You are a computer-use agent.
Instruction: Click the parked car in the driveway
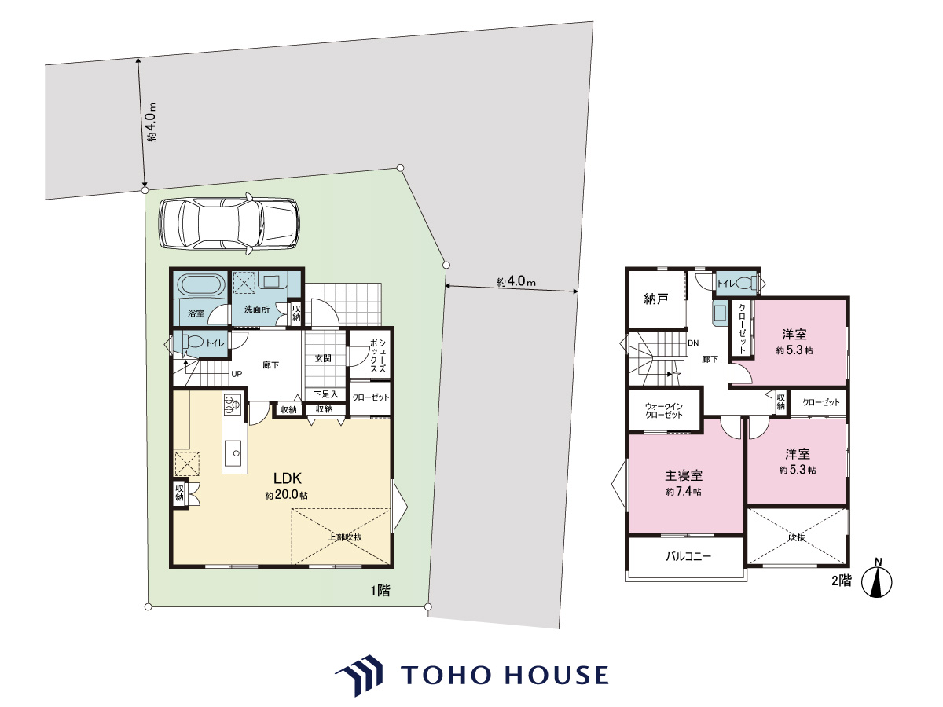point(229,223)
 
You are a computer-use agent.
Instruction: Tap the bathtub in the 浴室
point(201,284)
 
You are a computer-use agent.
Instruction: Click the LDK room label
point(288,478)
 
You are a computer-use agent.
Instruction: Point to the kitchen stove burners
point(232,404)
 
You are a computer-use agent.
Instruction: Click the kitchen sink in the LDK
point(234,452)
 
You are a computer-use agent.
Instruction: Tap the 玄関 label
point(323,358)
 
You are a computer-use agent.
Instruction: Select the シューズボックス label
point(378,356)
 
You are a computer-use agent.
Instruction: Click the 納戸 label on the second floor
point(655,299)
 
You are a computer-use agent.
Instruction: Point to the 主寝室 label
point(684,475)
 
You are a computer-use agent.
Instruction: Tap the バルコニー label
point(688,557)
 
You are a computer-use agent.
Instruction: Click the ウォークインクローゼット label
point(664,410)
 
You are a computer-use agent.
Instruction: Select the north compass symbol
point(876,580)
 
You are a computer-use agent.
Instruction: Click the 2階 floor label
point(841,581)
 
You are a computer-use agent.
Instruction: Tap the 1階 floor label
point(380,591)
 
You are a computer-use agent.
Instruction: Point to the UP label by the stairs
point(237,374)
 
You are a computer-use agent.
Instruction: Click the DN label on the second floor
point(693,343)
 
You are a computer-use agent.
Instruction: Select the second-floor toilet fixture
point(745,284)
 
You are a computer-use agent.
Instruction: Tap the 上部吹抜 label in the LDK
point(345,537)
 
